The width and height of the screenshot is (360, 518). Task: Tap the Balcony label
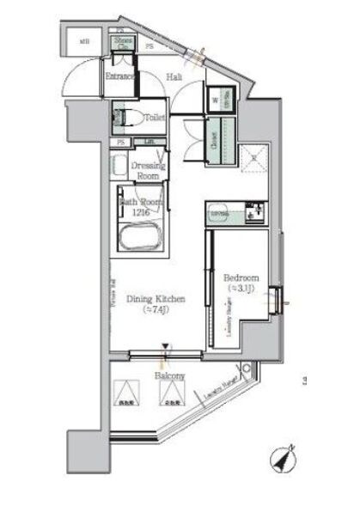pyautogui.click(x=170, y=376)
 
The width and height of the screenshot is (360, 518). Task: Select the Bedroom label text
pyautogui.click(x=240, y=277)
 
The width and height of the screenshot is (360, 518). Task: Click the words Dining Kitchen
pyautogui.click(x=156, y=298)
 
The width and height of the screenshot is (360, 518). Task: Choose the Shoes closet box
pyautogui.click(x=123, y=43)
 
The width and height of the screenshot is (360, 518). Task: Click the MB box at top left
pyautogui.click(x=84, y=40)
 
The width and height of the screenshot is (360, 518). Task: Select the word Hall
pyautogui.click(x=174, y=77)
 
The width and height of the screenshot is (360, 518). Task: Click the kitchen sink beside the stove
pyautogui.click(x=253, y=211)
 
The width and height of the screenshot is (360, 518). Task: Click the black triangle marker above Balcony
pyautogui.click(x=165, y=348)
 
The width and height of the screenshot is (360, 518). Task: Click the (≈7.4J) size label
pyautogui.click(x=156, y=310)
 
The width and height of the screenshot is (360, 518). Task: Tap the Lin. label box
pyautogui.click(x=149, y=142)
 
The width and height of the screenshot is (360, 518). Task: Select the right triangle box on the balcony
pyautogui.click(x=171, y=393)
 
